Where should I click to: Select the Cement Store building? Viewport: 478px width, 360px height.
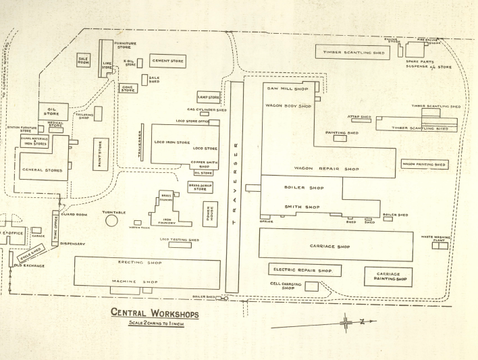coord(167,61)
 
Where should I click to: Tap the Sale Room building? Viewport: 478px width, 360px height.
coord(84,61)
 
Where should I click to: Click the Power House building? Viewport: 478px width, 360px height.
coord(210,214)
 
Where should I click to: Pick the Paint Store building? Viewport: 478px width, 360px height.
coord(101,155)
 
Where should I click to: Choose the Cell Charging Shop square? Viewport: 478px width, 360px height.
coord(311,286)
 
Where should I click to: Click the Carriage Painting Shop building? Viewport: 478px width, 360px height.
coord(388,276)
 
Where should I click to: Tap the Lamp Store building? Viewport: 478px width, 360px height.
coord(209,98)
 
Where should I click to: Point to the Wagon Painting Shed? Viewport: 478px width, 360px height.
coord(424,164)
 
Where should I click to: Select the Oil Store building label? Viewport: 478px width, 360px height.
coord(52,111)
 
